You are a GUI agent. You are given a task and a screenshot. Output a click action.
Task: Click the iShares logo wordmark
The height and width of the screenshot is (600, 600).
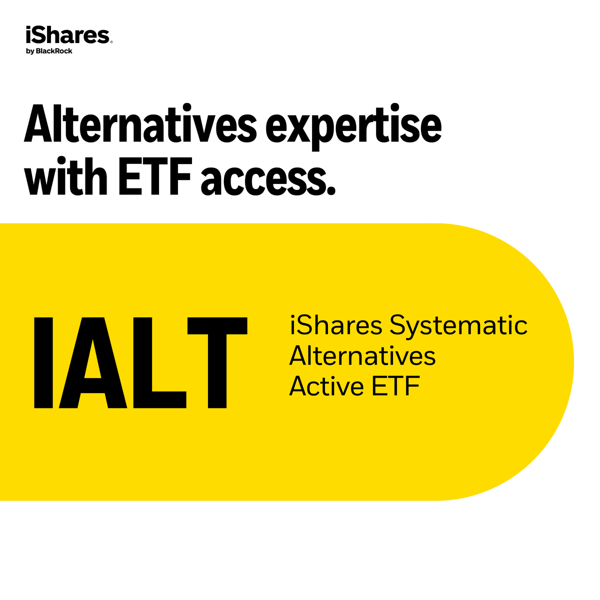(x=68, y=35)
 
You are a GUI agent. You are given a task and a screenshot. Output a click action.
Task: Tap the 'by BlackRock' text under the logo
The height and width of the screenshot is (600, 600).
(x=49, y=51)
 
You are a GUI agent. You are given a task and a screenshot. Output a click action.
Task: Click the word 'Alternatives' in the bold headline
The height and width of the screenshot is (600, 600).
(x=140, y=123)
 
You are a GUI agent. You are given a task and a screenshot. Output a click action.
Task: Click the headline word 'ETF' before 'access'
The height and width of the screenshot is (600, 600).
(x=154, y=176)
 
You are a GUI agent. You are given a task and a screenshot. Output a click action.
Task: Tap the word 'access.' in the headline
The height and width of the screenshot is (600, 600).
(x=268, y=179)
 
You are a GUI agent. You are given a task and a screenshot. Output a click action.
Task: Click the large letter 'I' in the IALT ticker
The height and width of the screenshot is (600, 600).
(x=43, y=362)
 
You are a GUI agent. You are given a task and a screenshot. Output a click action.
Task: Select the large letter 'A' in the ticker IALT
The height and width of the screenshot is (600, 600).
(x=93, y=362)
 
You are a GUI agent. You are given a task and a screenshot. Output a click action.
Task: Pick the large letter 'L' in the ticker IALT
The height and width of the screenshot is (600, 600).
(x=159, y=362)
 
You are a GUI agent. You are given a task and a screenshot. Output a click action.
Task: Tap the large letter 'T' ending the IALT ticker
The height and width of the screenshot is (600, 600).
(x=217, y=362)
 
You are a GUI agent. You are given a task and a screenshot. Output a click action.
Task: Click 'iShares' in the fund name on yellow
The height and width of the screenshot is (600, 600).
(x=336, y=325)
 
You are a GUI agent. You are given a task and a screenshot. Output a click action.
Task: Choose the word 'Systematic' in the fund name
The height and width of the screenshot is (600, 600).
(x=458, y=327)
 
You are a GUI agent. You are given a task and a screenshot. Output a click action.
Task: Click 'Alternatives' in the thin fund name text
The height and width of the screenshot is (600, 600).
(x=362, y=355)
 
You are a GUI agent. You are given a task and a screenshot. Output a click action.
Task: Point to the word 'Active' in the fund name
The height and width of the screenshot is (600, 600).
(x=326, y=386)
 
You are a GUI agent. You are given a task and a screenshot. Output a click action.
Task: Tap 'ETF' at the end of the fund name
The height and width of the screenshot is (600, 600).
(x=395, y=386)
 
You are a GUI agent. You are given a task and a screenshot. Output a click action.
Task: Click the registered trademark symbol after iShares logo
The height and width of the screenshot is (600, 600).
(x=111, y=42)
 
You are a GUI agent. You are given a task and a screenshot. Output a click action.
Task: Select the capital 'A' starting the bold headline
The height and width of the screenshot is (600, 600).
(x=37, y=123)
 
